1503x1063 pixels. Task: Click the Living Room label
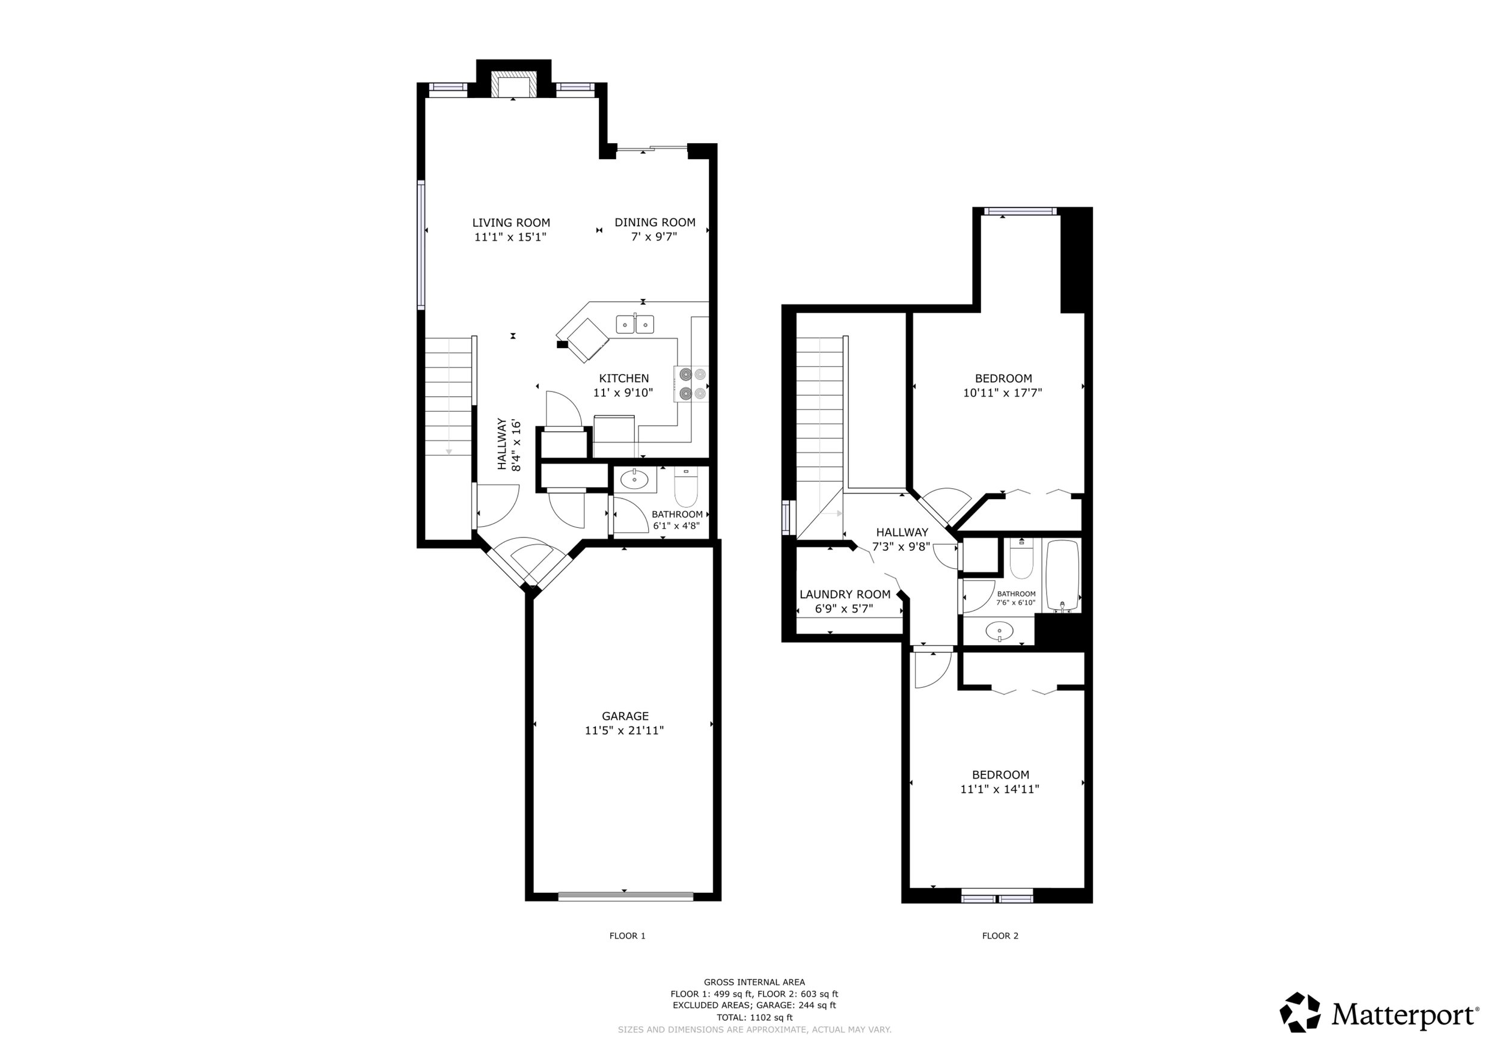(x=510, y=222)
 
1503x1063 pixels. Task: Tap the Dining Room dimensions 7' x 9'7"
(x=654, y=237)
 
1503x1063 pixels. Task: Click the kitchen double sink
(x=634, y=324)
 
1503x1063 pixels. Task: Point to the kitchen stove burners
(x=692, y=384)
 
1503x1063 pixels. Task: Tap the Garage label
(x=625, y=716)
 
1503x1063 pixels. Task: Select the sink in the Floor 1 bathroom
(x=634, y=480)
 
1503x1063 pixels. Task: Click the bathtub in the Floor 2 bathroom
(x=1062, y=574)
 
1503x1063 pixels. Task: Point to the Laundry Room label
(x=845, y=595)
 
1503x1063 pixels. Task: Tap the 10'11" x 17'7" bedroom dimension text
(x=1002, y=393)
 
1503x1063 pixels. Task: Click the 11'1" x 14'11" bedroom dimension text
(x=1000, y=789)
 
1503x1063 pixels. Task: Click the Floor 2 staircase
(x=819, y=412)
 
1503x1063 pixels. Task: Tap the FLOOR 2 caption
(x=1000, y=936)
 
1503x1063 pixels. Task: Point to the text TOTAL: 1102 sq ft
(x=754, y=1018)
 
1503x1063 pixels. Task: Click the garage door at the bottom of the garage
(x=625, y=896)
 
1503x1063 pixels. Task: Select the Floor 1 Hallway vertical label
(x=509, y=444)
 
